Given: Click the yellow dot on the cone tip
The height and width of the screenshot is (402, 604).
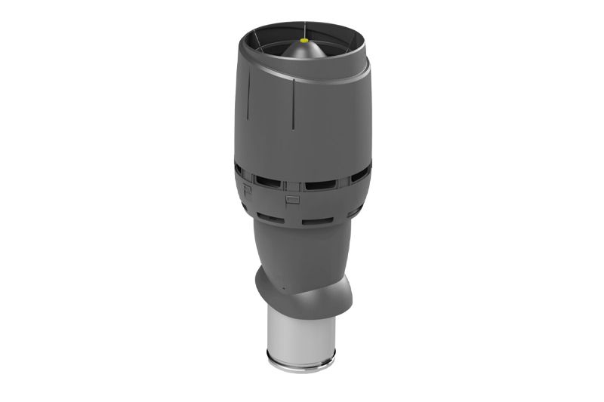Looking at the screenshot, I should point(304,40).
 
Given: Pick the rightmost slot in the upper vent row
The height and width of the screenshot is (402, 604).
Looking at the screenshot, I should point(360,174).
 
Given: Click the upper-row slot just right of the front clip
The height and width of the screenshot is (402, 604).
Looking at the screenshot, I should point(321,185).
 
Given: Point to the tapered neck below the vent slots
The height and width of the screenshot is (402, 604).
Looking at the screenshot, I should point(302,249).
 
